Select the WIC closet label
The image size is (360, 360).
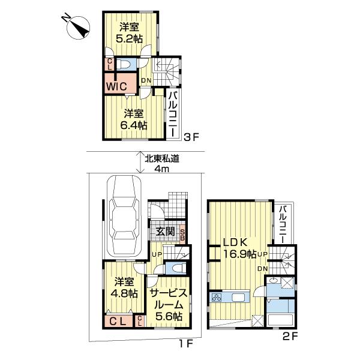click(116, 86)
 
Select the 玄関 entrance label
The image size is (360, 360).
click(166, 232)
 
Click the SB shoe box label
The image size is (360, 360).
click(183, 232)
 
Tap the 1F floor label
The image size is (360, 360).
click(184, 344)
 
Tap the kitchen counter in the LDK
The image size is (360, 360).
click(230, 298)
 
